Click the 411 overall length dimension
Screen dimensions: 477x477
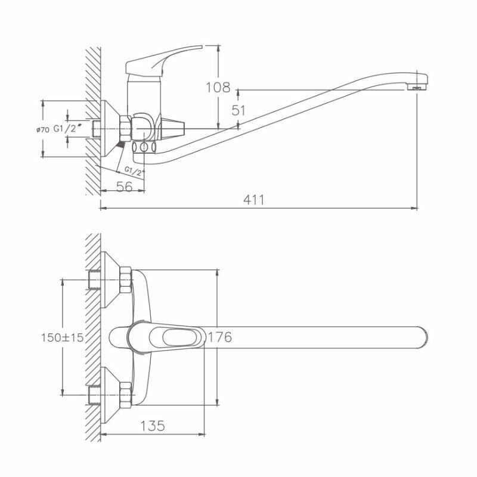(253, 200)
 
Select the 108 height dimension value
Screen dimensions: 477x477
(218, 88)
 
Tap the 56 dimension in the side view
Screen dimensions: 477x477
(123, 186)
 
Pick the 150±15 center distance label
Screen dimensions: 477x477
(62, 337)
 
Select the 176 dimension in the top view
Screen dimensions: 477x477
(219, 337)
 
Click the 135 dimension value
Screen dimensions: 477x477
(153, 426)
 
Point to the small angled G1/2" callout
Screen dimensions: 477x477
(135, 172)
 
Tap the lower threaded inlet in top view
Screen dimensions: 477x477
(93, 394)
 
